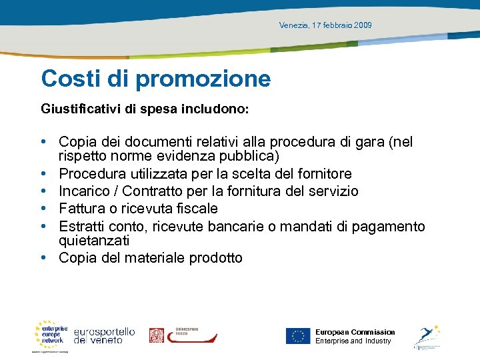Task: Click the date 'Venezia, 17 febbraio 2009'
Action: [325, 25]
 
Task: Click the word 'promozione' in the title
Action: [203, 79]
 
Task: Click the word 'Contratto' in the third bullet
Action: [160, 191]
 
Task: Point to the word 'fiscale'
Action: [195, 209]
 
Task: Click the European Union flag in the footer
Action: [298, 336]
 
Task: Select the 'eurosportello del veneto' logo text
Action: [104, 335]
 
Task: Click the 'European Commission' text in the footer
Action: [355, 332]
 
